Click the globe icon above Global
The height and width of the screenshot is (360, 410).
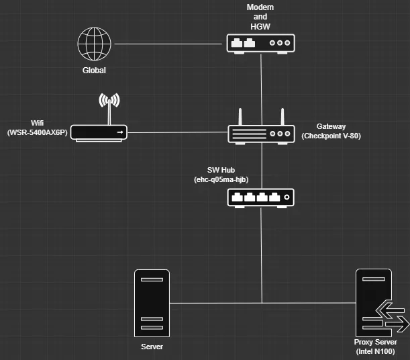coord(94,44)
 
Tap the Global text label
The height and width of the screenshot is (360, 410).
coord(94,70)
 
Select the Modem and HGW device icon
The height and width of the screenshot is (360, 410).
coord(261,43)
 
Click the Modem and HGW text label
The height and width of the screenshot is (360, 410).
coord(261,15)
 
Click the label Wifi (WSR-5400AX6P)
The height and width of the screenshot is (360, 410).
coord(38,128)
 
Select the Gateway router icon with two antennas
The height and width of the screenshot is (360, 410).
coord(261,132)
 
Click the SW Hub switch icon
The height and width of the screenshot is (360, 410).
coord(261,197)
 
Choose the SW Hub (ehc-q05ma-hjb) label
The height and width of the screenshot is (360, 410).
coord(221,175)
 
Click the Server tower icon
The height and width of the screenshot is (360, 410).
coord(152,303)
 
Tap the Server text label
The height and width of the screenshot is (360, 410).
coord(152,347)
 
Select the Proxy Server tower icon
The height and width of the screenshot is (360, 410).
coord(373,303)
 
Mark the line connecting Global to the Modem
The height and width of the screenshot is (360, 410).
coord(168,44)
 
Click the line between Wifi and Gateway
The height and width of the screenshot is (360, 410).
coord(178,132)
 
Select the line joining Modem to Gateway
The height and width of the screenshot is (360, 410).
coord(261,84)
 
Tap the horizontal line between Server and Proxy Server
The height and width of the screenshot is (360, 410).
coord(262,303)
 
